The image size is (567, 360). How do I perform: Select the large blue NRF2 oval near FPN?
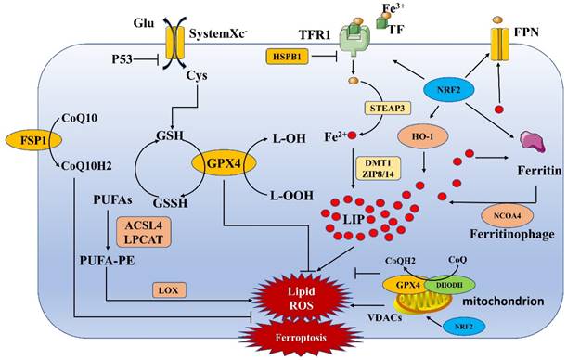tap(448, 91)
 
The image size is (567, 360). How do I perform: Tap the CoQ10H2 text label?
tap(89, 166)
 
